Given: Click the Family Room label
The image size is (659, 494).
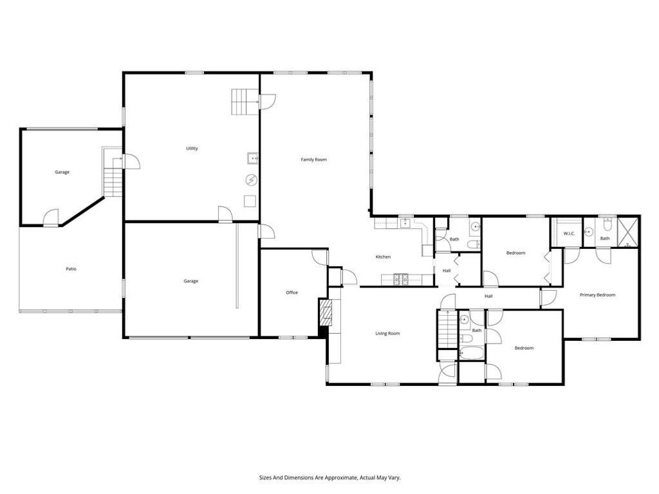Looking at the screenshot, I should tap(314, 159).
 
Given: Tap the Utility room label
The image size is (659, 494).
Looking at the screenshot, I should tap(192, 149).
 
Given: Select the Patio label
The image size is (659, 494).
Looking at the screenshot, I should tap(71, 269).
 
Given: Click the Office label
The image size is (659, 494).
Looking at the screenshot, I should tap(292, 293).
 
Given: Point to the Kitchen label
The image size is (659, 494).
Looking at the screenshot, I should tap(383, 257).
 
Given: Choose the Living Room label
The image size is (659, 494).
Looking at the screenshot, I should tap(388, 333).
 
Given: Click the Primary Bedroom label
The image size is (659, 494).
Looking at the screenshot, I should tap(597, 295).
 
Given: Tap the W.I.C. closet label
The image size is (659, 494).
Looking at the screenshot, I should tap(569, 233).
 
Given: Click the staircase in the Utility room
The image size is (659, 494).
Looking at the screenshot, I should tap(245, 102).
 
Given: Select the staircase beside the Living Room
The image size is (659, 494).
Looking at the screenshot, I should tap(447, 329).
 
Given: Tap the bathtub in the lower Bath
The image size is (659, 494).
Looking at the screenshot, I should tap(471, 352).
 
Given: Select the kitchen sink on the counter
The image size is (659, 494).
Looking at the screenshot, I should tap(405, 224).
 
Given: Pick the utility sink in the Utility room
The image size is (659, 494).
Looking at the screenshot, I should tap(252, 158).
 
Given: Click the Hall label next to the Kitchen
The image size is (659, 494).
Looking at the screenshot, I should tap(446, 271).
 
